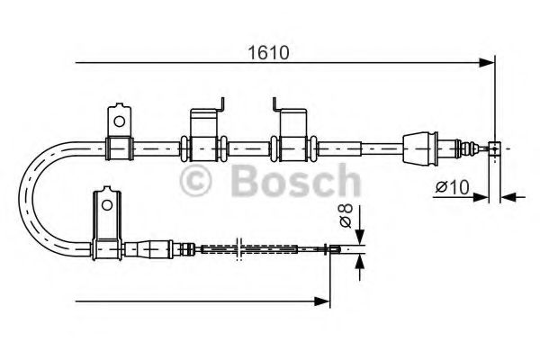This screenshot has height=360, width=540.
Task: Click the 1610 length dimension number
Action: pos(269,52)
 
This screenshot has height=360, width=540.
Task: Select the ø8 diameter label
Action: pos(345,216)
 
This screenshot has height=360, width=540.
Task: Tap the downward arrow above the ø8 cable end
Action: pos(359,237)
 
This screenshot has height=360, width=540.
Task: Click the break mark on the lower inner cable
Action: pos(237,249)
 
